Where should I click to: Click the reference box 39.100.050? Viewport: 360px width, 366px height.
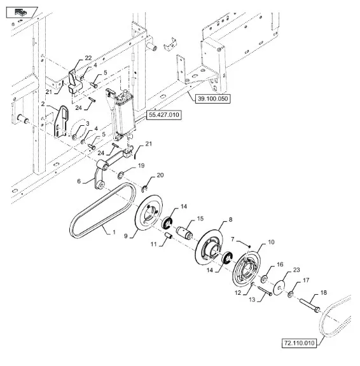(x=212, y=98)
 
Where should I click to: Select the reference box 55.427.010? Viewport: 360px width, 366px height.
(x=163, y=115)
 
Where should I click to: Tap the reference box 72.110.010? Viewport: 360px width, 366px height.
(x=300, y=343)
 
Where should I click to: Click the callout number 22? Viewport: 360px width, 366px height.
(x=88, y=58)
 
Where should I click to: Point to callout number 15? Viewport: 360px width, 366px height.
(x=200, y=219)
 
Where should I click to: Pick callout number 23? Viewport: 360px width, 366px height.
(x=296, y=270)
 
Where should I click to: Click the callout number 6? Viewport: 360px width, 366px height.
(x=79, y=181)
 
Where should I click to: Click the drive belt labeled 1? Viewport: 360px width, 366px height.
(x=103, y=210)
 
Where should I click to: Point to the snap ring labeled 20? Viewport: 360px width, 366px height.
(x=144, y=189)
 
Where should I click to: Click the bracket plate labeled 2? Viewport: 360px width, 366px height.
(x=61, y=121)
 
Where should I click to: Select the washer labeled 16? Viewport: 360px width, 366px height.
(x=265, y=278)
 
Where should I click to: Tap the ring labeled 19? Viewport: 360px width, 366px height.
(x=121, y=175)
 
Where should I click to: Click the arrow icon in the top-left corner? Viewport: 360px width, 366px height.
(x=21, y=12)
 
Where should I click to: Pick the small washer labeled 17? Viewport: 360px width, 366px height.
(x=291, y=295)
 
